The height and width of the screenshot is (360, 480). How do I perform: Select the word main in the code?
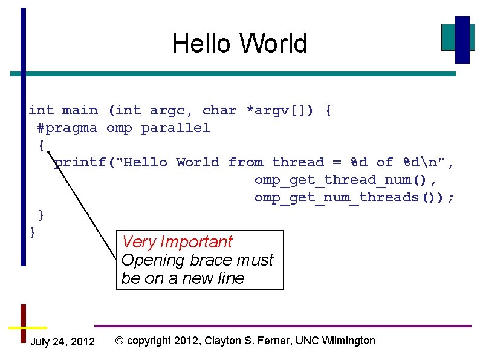(x=80, y=111)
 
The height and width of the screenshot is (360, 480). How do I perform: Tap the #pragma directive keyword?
(x=66, y=128)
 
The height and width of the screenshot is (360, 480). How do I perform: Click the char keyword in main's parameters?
(x=219, y=111)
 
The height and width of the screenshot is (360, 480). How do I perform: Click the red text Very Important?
(x=177, y=242)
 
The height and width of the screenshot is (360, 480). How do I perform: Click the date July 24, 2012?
(x=62, y=342)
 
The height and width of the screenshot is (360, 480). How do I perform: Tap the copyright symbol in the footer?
(x=119, y=341)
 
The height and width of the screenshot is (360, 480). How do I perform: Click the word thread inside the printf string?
(x=297, y=163)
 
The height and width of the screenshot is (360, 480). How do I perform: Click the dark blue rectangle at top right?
(x=462, y=39)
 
